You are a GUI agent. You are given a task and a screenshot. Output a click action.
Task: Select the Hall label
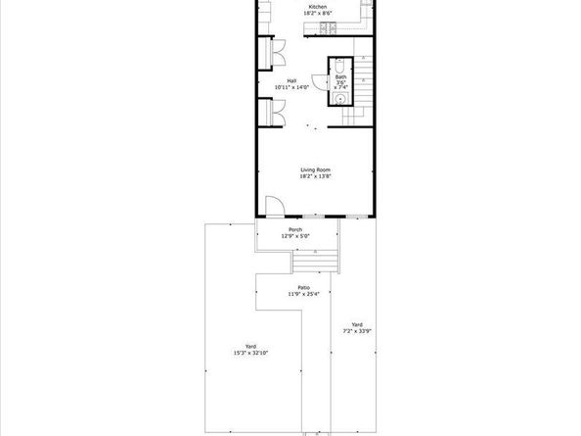(x=291, y=80)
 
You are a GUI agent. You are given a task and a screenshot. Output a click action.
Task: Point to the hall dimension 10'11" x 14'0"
(x=291, y=87)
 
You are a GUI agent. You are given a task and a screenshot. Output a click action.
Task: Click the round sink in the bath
(x=340, y=98)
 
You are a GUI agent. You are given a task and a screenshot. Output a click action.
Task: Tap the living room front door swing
(x=275, y=205)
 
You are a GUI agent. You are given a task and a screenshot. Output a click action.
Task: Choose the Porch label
(x=295, y=230)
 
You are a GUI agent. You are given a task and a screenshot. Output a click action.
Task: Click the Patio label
(x=304, y=287)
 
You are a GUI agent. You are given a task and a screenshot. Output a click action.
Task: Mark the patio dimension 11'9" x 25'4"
(x=304, y=294)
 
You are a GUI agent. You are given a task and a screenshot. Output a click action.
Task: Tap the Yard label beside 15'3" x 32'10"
(x=251, y=346)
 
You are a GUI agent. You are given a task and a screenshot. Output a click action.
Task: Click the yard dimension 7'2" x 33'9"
(x=355, y=331)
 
